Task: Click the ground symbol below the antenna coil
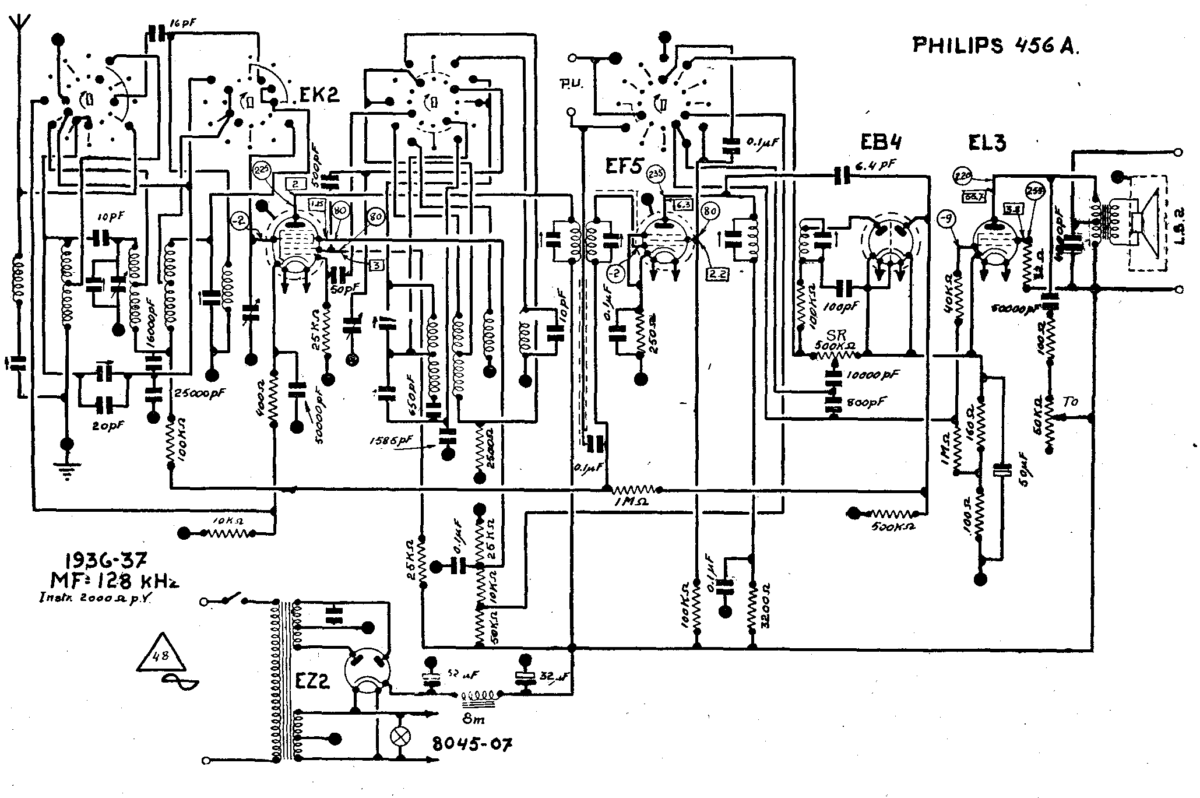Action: point(68,469)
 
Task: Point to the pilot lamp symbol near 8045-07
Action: point(400,736)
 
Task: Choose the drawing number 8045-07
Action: point(472,743)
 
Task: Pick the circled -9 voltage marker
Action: point(948,220)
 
